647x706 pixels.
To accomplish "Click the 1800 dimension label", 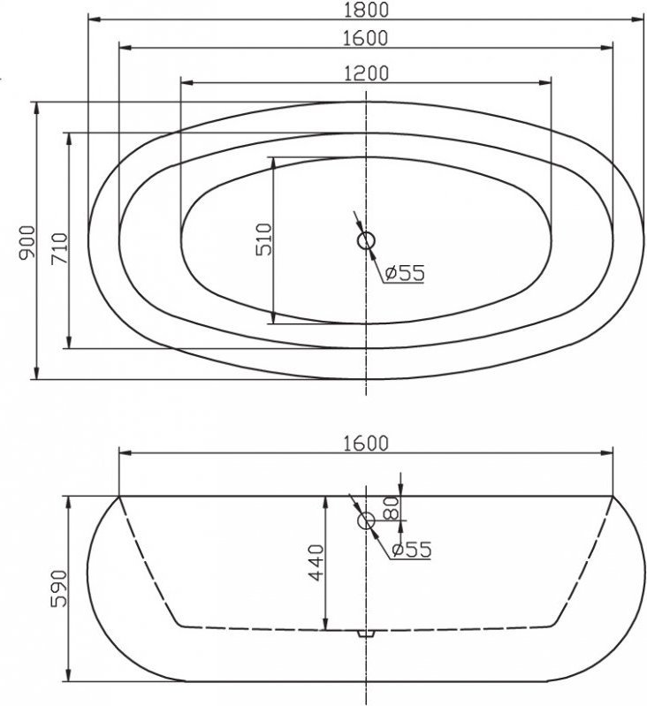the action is click(x=366, y=10).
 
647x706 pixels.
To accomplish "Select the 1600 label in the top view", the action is click(x=365, y=38).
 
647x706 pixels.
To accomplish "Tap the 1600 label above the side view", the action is click(x=365, y=444).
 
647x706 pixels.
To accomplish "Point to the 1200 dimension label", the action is click(x=366, y=73).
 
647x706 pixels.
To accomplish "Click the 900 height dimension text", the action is click(x=27, y=242).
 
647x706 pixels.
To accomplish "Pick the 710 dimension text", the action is click(x=59, y=248).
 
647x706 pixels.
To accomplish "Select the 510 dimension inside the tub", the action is click(x=264, y=239).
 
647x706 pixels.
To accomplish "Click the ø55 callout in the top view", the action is click(x=405, y=272).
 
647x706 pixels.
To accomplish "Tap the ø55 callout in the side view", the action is click(x=412, y=549).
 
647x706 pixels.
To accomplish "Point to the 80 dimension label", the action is click(x=392, y=507).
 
